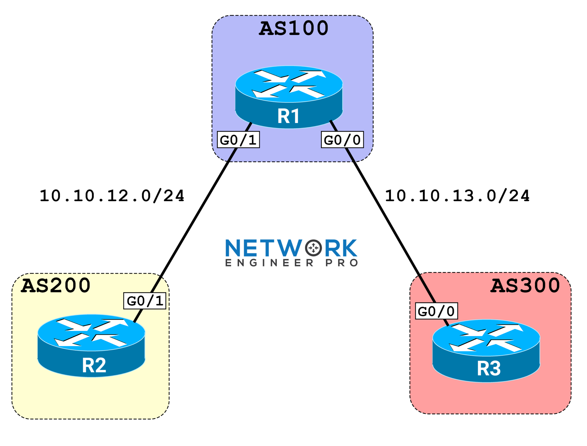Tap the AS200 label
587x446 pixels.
[56, 285]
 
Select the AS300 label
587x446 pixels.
[525, 285]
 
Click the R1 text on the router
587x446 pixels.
[288, 116]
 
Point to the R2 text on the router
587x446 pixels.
[94, 365]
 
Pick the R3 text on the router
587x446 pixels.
[489, 368]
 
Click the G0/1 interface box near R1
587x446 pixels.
[238, 140]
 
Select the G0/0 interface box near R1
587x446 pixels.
[342, 140]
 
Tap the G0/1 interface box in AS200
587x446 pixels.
[144, 301]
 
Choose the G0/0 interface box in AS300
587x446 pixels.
[436, 311]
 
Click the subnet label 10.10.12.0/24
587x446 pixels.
[112, 196]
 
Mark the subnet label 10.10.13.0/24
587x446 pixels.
[457, 196]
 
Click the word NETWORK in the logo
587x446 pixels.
[291, 248]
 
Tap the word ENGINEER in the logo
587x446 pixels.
[269, 263]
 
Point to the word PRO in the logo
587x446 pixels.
[341, 263]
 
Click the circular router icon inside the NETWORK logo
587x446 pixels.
[313, 248]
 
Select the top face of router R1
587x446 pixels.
[289, 84]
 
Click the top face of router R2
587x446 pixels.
[91, 333]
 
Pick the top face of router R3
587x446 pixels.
[486, 338]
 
